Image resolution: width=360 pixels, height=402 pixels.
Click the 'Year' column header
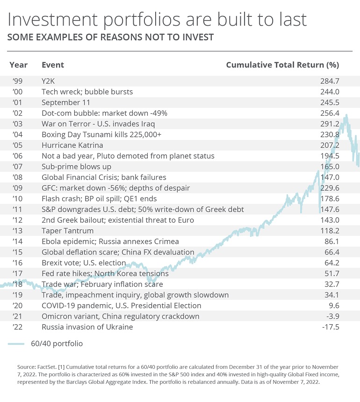click(x=18, y=65)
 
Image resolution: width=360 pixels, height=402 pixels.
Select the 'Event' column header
click(x=53, y=65)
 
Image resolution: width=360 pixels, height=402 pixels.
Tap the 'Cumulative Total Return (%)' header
click(x=282, y=65)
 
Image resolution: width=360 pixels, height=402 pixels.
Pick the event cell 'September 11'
click(x=66, y=102)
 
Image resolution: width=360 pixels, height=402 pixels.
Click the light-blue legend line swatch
click(x=16, y=344)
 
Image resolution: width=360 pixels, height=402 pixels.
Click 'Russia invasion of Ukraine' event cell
click(x=87, y=327)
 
